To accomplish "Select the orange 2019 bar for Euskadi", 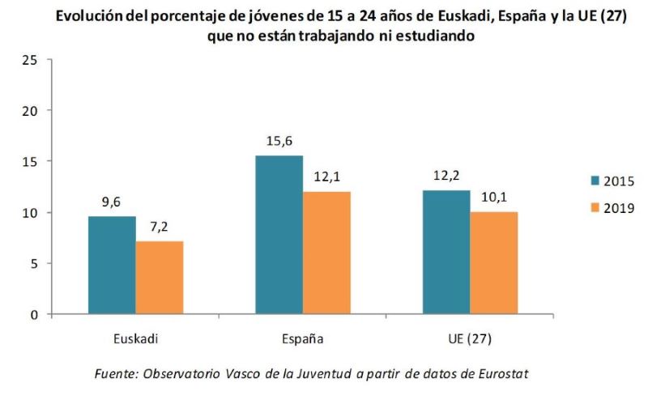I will pos(159,278).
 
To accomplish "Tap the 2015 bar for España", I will pos(279,235).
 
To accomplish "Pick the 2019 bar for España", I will pos(326,253).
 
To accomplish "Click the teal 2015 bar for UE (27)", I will pos(446,252).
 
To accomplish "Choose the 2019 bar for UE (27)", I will pos(493,262).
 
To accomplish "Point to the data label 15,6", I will pos(279,142).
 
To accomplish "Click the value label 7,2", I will pos(159,228).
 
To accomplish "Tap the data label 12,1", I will pos(326,177).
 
